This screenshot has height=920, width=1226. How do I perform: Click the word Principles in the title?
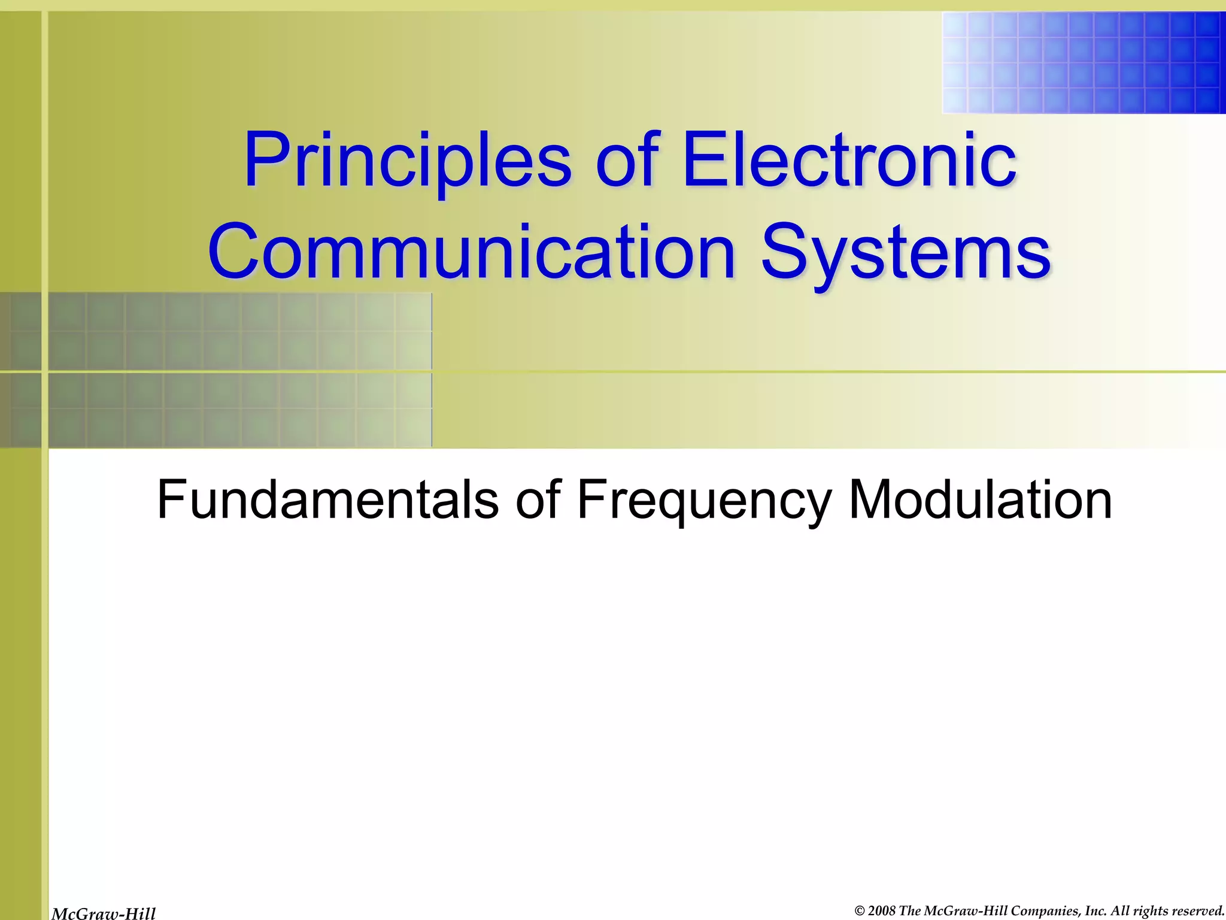[x=407, y=161]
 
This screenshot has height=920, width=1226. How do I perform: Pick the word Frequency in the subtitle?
[x=704, y=500]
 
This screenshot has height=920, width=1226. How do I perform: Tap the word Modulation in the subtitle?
[x=980, y=500]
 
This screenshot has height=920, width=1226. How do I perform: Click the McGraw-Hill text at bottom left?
[x=104, y=913]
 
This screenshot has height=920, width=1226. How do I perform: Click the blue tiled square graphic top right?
[x=1084, y=62]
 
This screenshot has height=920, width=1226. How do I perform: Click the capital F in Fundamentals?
[x=170, y=500]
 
